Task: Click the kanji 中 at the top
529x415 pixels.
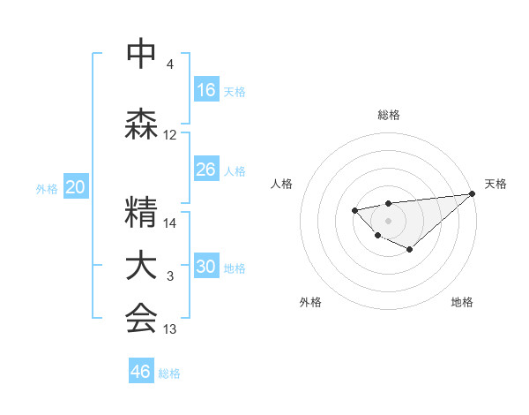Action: click(x=141, y=55)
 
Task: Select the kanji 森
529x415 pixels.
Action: click(x=141, y=124)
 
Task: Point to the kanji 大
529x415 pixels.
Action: click(x=141, y=266)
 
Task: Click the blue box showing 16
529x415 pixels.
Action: click(x=206, y=91)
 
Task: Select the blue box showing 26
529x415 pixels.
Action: click(x=206, y=170)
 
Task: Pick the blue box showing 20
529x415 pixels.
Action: click(x=76, y=187)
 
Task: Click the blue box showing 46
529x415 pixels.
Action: click(x=141, y=372)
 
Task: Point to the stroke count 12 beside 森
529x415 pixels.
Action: click(x=170, y=136)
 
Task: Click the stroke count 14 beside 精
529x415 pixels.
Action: click(x=170, y=223)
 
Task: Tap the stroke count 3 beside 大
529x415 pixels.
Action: click(x=170, y=277)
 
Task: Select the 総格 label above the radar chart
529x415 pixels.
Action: click(x=388, y=115)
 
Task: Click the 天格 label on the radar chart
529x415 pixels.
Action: click(x=495, y=184)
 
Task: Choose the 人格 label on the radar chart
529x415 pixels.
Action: click(x=281, y=184)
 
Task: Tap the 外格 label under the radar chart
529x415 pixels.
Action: click(x=310, y=303)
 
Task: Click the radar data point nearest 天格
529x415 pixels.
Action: click(x=472, y=193)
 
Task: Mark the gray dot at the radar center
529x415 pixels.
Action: click(x=388, y=220)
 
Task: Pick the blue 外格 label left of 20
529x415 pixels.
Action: click(x=47, y=188)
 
